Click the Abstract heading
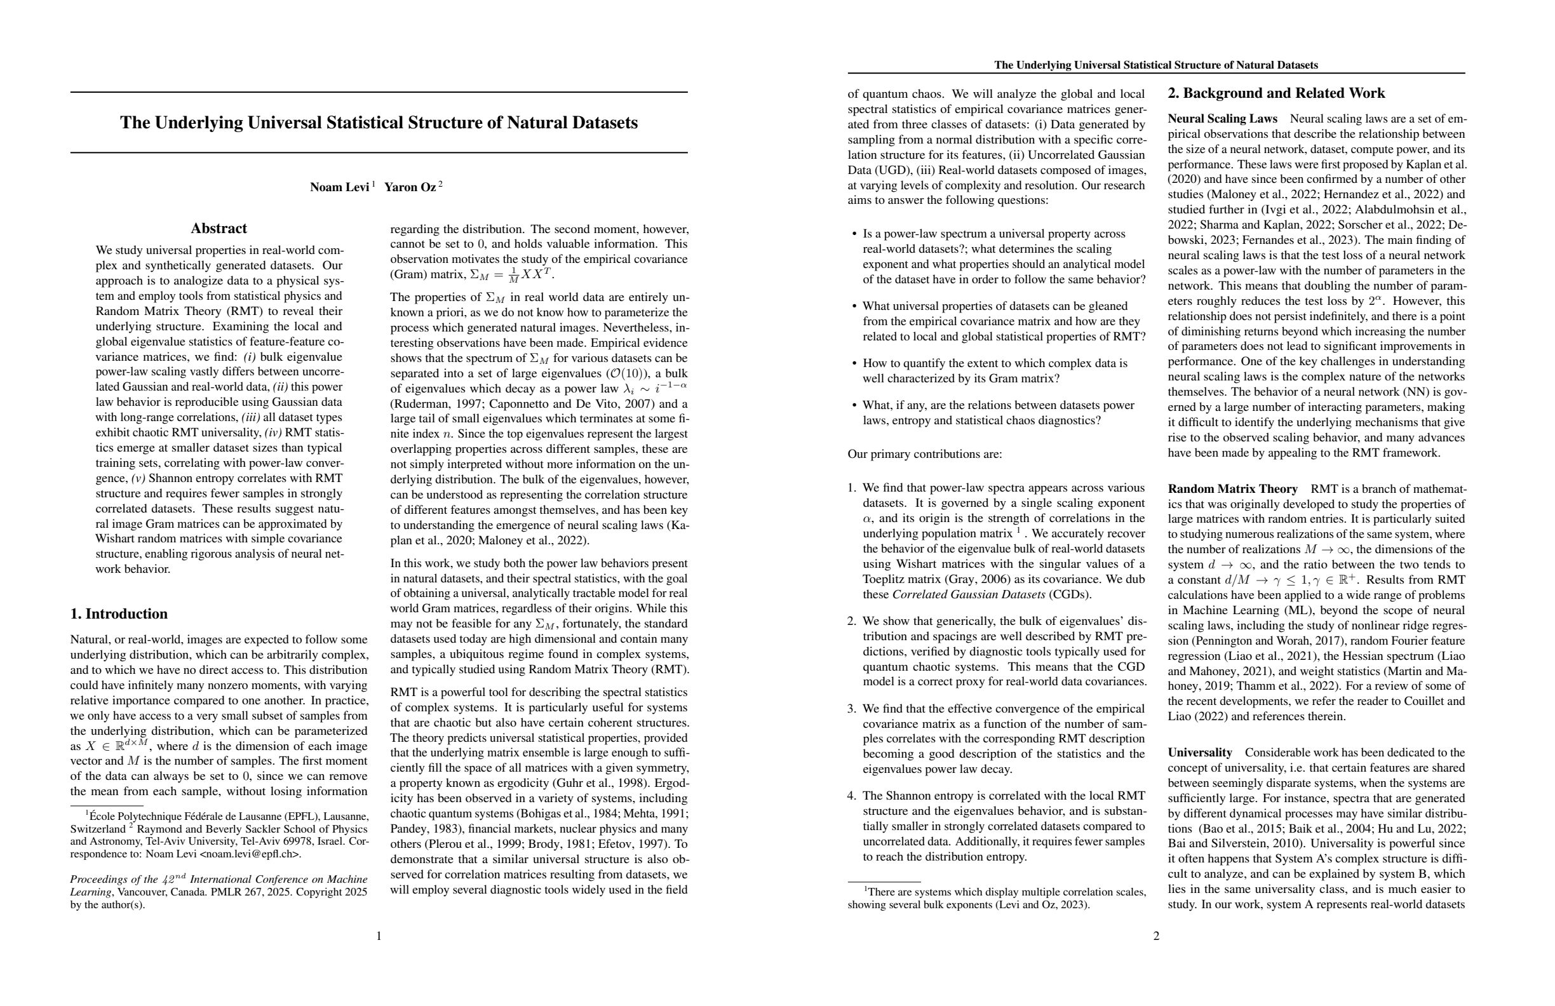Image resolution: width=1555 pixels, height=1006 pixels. click(x=219, y=229)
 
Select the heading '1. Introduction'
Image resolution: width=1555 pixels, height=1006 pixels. click(x=119, y=614)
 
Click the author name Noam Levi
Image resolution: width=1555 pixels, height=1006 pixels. click(x=339, y=187)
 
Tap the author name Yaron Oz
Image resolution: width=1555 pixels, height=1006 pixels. click(x=410, y=187)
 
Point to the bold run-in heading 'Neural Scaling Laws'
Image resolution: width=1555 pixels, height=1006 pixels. click(x=1222, y=119)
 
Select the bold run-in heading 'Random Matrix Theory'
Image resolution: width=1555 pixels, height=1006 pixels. click(x=1232, y=489)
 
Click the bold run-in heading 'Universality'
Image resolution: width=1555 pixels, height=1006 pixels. click(x=1199, y=753)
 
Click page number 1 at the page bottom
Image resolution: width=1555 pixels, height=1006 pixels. click(x=379, y=936)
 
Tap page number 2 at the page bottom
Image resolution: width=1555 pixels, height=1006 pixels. click(x=1156, y=936)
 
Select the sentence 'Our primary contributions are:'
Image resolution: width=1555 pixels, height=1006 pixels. click(x=924, y=454)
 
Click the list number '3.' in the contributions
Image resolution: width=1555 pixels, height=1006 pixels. click(x=852, y=709)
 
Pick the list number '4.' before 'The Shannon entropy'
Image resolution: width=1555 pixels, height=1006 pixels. click(x=852, y=796)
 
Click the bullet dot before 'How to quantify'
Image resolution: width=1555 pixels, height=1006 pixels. click(x=854, y=364)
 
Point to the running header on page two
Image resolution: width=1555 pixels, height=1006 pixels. click(x=1156, y=65)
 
